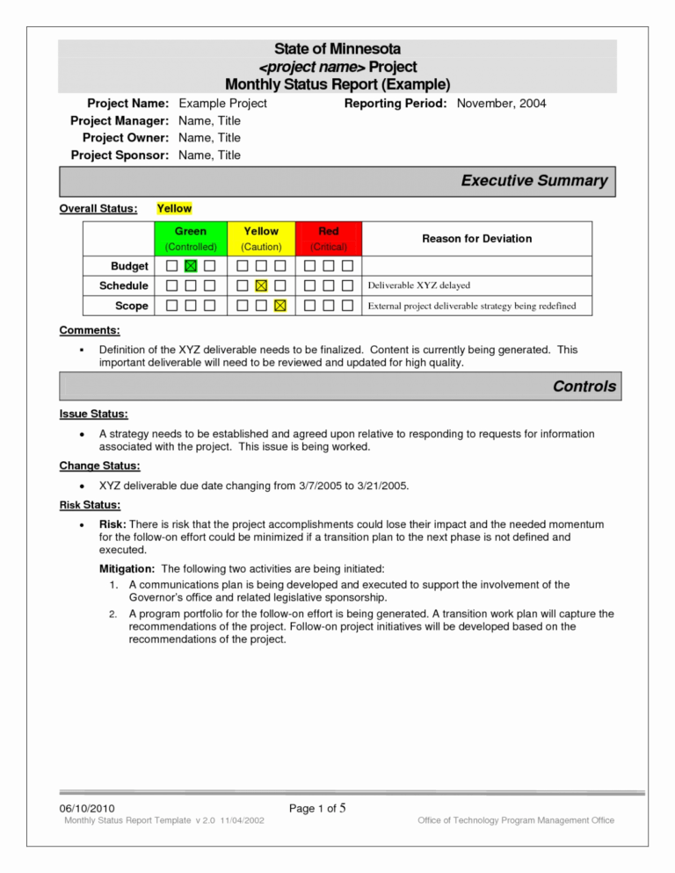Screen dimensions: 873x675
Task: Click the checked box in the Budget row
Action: pos(191,265)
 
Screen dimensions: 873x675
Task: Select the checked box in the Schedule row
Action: pos(260,285)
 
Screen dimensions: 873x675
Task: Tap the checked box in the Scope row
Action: pos(279,306)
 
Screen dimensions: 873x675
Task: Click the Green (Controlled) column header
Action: pos(191,239)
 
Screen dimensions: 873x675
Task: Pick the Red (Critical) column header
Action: pos(329,239)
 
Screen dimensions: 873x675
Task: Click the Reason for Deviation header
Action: pos(476,238)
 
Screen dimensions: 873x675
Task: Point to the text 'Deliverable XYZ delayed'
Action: pos(418,285)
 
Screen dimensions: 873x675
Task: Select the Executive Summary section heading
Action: pos(533,181)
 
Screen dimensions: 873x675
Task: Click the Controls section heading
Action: pos(584,386)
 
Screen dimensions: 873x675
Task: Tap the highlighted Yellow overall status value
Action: pos(174,208)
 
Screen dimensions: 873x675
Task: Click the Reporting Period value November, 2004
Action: pos(501,104)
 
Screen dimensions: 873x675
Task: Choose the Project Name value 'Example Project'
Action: pos(222,104)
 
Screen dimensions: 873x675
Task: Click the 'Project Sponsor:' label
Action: pos(120,155)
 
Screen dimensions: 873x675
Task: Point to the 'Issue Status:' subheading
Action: pos(93,414)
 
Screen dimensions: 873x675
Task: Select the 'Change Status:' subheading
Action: pos(99,465)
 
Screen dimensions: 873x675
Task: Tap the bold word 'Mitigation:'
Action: pos(129,568)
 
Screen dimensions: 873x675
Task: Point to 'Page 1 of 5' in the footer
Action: pos(321,807)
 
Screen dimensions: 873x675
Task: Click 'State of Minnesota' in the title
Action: pos(337,49)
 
